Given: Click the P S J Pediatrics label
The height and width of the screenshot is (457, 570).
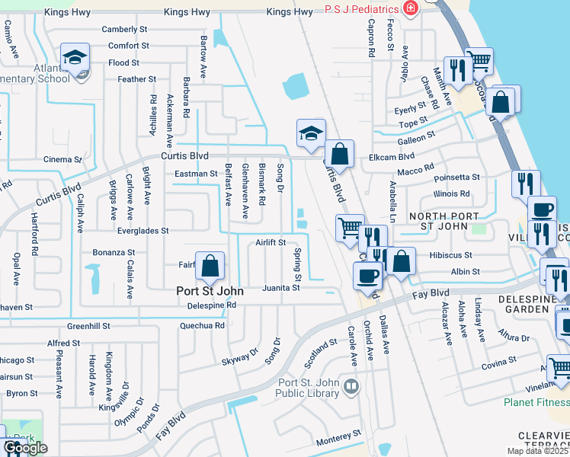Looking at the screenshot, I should [x=362, y=8].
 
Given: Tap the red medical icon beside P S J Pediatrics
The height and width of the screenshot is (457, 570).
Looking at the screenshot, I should [x=411, y=8].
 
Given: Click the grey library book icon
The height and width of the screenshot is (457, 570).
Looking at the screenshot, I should [x=351, y=388].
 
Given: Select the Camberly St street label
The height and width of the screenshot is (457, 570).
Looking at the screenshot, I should [x=125, y=29].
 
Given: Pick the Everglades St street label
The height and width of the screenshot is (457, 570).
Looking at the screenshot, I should [x=142, y=230].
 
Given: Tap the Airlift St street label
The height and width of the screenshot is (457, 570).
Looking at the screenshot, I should [x=271, y=242].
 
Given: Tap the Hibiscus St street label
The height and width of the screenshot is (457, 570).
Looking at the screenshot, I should [x=450, y=256].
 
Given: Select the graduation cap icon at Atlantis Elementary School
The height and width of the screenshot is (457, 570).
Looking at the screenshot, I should [x=75, y=57].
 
